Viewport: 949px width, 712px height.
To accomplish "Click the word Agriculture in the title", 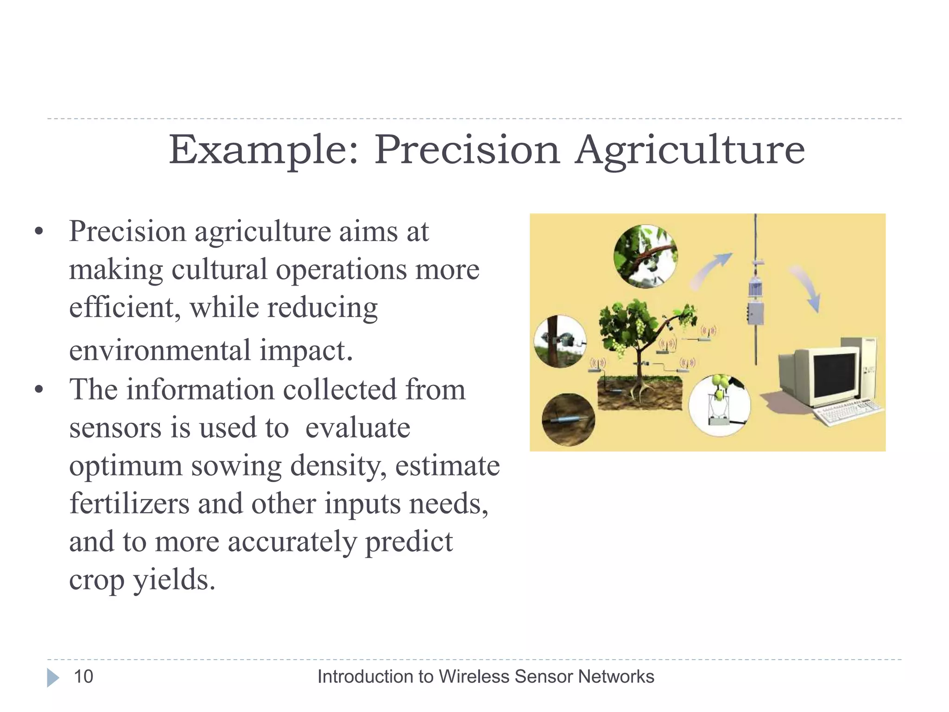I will click(x=690, y=151).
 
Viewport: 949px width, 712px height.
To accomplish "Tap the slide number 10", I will click(x=83, y=677).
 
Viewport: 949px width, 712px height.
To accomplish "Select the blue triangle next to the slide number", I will click(x=53, y=678).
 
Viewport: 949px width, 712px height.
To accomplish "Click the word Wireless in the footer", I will click(x=474, y=677).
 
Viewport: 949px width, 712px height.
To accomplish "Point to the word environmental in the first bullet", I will click(x=159, y=350).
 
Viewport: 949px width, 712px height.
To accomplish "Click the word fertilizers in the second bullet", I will click(x=129, y=503).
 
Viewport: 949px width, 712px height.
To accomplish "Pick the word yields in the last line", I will click(x=174, y=579).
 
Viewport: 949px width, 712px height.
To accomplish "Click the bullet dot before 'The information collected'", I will click(x=39, y=389).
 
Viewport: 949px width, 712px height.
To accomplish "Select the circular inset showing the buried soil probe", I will click(x=569, y=420).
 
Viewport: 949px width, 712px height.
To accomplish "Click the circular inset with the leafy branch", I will click(x=645, y=256).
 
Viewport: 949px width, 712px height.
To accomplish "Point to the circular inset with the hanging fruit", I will click(x=720, y=405).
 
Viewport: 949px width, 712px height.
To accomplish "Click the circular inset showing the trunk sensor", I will click(x=560, y=341).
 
